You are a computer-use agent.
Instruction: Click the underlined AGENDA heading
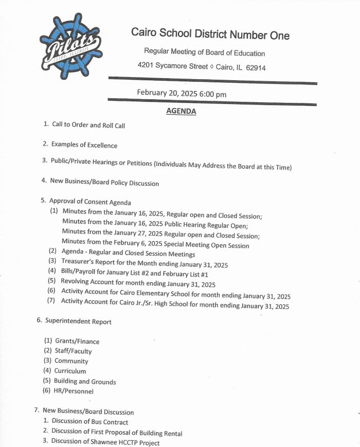coord(181,111)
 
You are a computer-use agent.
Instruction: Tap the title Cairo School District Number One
coord(210,34)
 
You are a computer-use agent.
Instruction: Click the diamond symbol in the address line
coord(205,66)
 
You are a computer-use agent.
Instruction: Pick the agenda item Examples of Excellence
coord(84,145)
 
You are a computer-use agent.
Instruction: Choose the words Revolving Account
coord(86,284)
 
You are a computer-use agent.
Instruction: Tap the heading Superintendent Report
coord(78,321)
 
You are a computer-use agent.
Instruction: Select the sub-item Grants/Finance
coord(77,341)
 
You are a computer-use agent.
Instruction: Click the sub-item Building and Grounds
coord(85,381)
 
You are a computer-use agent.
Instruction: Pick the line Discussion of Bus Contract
coord(90,422)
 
